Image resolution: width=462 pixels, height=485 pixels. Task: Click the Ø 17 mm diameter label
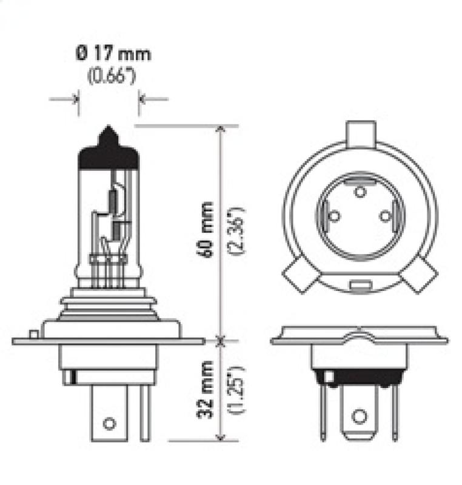click(113, 53)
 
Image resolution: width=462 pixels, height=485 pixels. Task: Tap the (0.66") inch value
click(110, 78)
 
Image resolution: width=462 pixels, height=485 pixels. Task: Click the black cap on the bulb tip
click(109, 152)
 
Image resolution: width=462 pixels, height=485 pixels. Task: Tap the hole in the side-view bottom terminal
click(109, 423)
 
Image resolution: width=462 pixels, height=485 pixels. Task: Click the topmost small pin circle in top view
click(360, 192)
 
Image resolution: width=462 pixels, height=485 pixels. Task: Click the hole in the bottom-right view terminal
click(359, 416)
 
